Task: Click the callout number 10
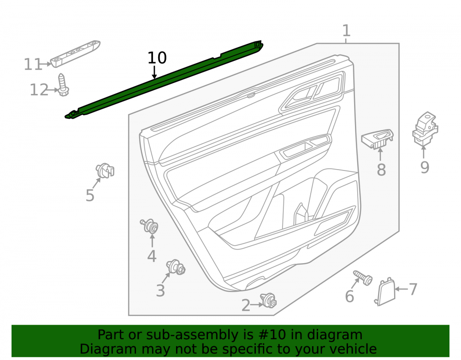click(x=157, y=58)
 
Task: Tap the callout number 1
click(x=346, y=31)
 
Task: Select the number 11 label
click(x=33, y=65)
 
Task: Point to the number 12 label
click(x=39, y=89)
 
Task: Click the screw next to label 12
click(x=63, y=85)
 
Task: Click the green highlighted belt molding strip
click(x=164, y=79)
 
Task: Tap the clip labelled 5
click(x=105, y=171)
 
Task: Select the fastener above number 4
click(x=150, y=226)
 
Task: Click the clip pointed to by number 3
click(x=176, y=267)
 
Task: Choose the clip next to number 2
click(x=268, y=301)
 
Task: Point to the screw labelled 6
click(x=363, y=277)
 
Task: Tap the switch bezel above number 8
click(x=378, y=138)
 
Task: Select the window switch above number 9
click(x=425, y=129)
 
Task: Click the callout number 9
click(x=425, y=167)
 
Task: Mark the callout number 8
click(x=381, y=170)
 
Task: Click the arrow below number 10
click(x=154, y=72)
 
